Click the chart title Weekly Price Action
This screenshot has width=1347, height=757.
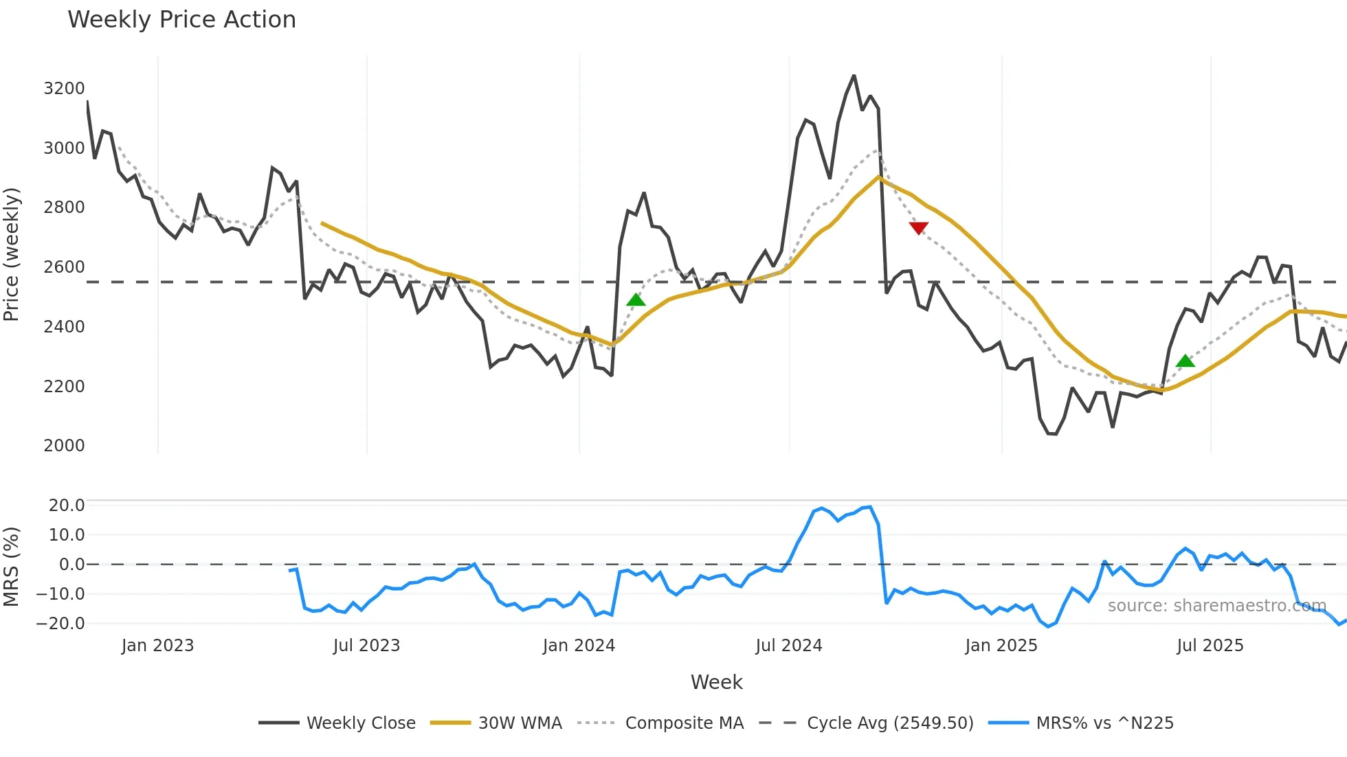pos(181,20)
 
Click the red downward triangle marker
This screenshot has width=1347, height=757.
pos(918,228)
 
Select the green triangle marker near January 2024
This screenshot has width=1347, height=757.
pos(636,300)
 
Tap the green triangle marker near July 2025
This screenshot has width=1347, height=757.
pos(1185,361)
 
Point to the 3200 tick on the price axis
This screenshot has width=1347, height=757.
pos(64,89)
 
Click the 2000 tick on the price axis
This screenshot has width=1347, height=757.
pos(64,446)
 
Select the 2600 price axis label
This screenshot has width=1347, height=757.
pos(64,267)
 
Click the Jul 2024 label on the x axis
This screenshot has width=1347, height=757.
pos(788,646)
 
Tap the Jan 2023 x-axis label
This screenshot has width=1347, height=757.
pos(157,646)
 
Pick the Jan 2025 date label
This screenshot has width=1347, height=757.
pos(1001,646)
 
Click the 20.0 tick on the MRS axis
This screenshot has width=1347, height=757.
pos(67,506)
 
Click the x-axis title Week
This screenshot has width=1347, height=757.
pos(716,682)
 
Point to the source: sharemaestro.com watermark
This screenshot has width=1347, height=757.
pos(1216,606)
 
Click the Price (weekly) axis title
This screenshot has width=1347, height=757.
pos(11,254)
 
